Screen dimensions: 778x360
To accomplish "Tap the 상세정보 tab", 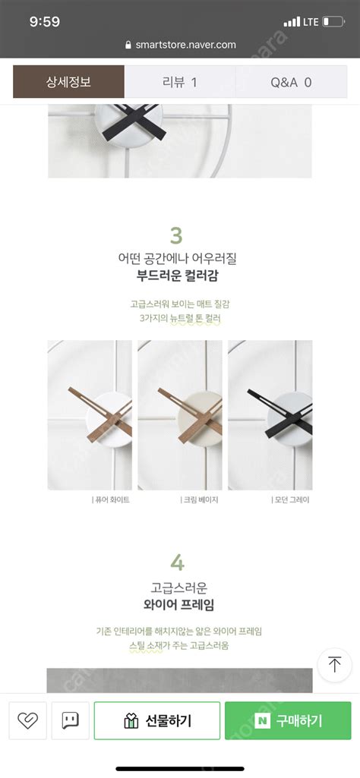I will [x=68, y=82].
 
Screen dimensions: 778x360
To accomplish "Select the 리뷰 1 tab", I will [x=180, y=82].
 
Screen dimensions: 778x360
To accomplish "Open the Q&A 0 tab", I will [x=291, y=82].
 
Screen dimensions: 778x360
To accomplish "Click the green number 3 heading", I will [x=177, y=235].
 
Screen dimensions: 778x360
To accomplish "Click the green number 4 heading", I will [x=177, y=562].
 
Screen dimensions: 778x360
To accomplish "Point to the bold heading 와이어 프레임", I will [x=179, y=605].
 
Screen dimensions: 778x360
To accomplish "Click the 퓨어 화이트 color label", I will [x=111, y=499].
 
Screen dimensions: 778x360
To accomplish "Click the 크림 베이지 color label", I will [x=201, y=499].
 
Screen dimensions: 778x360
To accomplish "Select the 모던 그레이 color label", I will [x=292, y=499].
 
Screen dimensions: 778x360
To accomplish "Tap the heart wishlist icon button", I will [x=28, y=721].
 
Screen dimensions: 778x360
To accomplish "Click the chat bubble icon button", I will [x=71, y=721].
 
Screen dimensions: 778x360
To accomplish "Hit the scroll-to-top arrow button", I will [x=334, y=665].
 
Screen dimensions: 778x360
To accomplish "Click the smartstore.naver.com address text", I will [x=185, y=45].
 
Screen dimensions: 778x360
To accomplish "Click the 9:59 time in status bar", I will [x=45, y=22].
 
